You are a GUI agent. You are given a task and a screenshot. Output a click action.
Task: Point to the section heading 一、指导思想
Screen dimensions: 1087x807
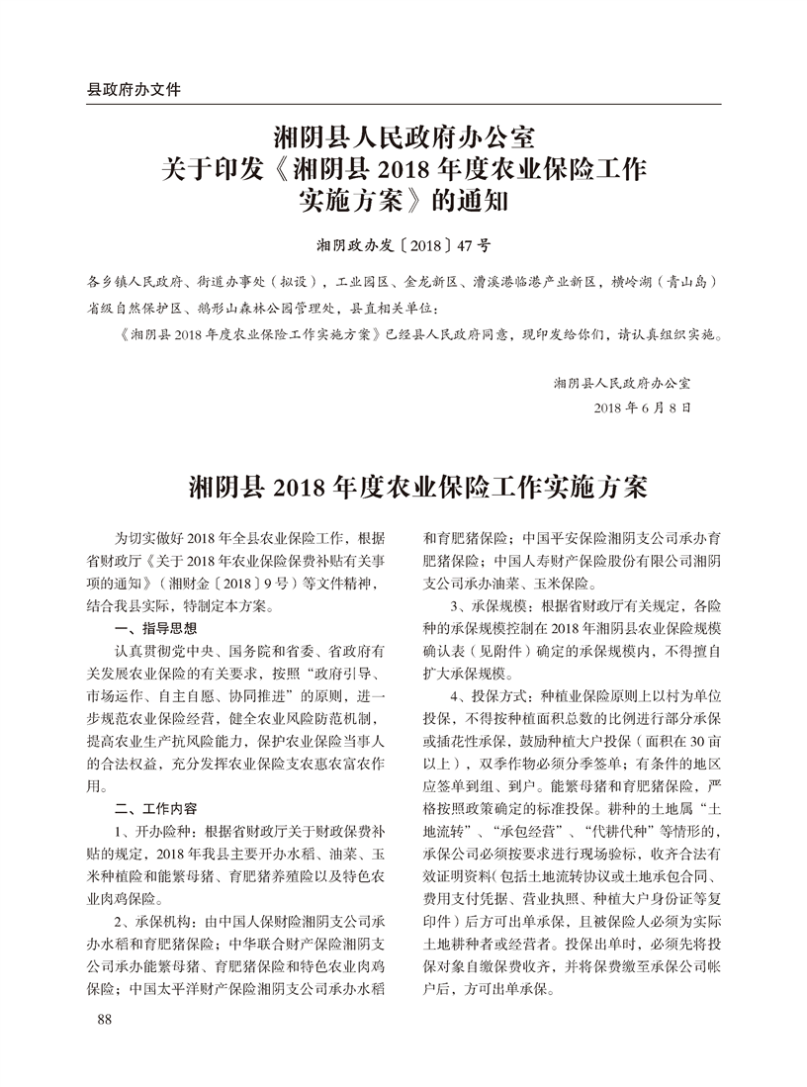(156, 628)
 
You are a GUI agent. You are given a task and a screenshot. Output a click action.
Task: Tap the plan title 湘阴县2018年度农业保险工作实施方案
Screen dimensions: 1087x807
(403, 490)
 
